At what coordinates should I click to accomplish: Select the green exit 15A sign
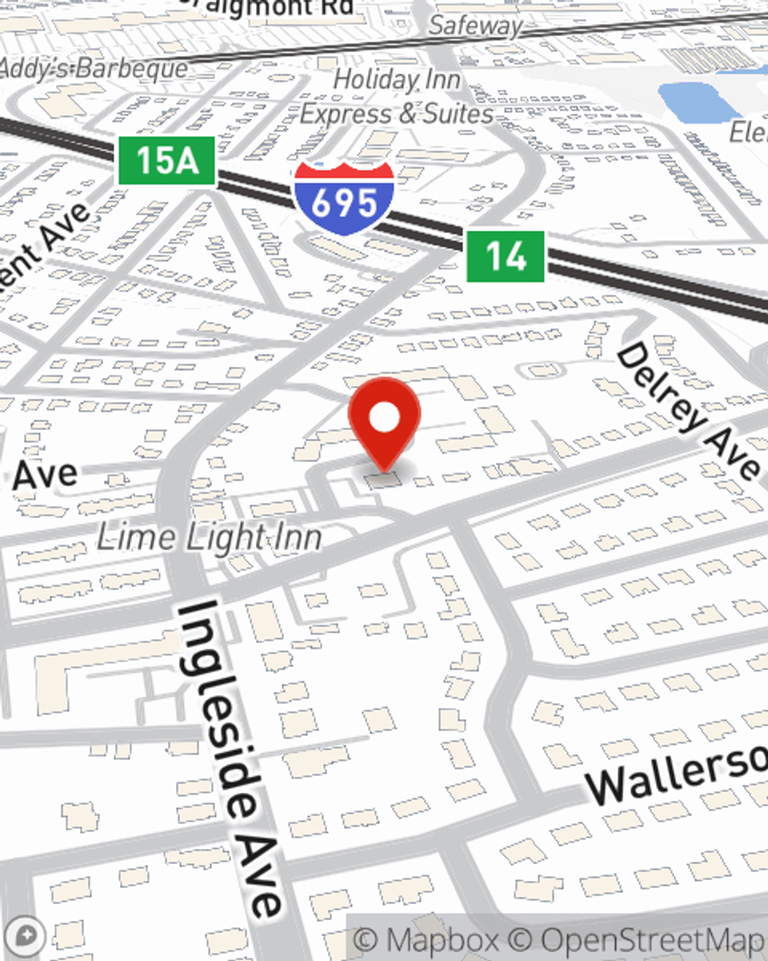tap(166, 161)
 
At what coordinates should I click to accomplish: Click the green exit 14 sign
tap(505, 256)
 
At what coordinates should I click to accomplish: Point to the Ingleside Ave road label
tap(230, 757)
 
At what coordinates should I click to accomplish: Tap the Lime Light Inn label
tap(209, 537)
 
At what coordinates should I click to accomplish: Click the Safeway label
tap(475, 25)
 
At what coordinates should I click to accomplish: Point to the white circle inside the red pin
tap(384, 417)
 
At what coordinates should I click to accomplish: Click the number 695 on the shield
tap(344, 203)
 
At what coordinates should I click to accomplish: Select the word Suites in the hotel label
tap(458, 114)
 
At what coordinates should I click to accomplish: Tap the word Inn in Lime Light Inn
tap(298, 537)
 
